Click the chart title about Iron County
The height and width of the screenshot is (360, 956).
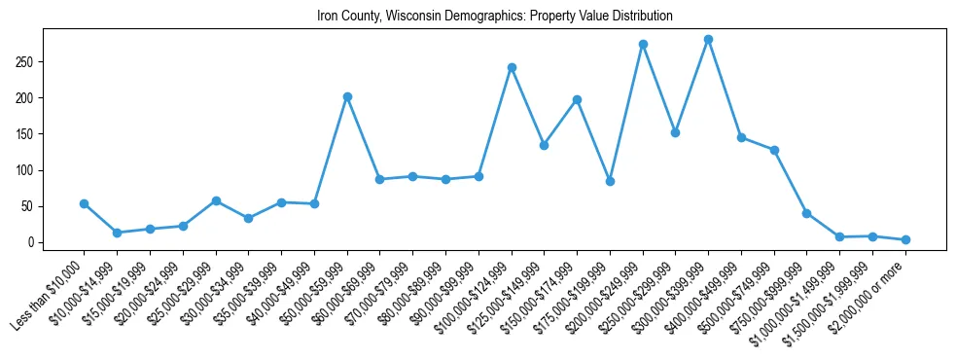click(495, 17)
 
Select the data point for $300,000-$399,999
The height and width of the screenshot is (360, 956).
click(708, 40)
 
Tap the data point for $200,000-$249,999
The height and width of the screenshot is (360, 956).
click(643, 45)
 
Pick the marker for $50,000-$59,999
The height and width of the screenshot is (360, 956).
click(347, 97)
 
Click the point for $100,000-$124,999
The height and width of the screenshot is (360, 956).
click(512, 68)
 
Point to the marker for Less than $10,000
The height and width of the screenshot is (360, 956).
click(85, 203)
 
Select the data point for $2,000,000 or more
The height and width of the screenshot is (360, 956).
click(905, 239)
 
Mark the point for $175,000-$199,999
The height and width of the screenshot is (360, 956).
click(610, 181)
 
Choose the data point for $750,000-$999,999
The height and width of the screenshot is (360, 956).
click(806, 213)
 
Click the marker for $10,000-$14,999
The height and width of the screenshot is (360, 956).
click(117, 233)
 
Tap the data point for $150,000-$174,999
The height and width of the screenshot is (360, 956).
click(577, 99)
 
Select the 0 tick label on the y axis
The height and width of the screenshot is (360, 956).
click(33, 242)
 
